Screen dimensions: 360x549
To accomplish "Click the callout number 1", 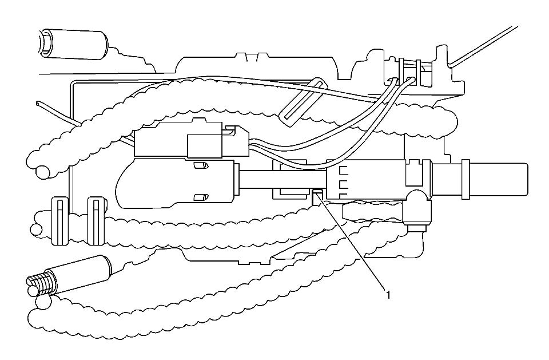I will tap(388, 295).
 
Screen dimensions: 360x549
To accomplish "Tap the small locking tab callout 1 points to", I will tap(317, 197).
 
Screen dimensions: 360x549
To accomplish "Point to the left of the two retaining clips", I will tap(60, 220).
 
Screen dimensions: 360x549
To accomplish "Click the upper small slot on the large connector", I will tap(200, 166).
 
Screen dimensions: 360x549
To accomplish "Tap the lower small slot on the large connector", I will tap(200, 197).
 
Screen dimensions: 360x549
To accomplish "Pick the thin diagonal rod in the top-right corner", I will tap(486, 43).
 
